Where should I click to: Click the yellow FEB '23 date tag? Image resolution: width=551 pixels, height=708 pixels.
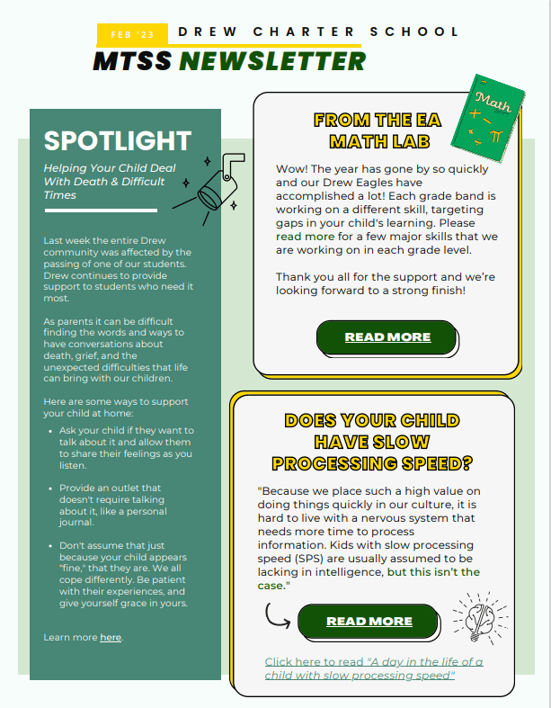(132, 34)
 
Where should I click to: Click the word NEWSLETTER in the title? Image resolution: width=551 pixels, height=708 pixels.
(272, 61)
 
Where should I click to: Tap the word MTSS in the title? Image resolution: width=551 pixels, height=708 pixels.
(133, 61)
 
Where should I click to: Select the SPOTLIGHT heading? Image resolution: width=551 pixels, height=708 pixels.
(118, 140)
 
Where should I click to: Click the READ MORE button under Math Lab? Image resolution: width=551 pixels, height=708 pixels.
(387, 337)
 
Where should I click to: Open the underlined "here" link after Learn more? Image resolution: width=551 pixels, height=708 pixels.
(110, 638)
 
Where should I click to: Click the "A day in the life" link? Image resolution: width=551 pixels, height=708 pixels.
(373, 668)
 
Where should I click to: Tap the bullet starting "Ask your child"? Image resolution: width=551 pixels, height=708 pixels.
(127, 448)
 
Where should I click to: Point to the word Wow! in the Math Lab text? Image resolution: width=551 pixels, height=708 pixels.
(292, 168)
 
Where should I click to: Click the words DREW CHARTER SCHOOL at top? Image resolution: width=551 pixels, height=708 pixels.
(319, 31)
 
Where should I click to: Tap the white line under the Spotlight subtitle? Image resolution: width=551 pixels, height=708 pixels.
(100, 210)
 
